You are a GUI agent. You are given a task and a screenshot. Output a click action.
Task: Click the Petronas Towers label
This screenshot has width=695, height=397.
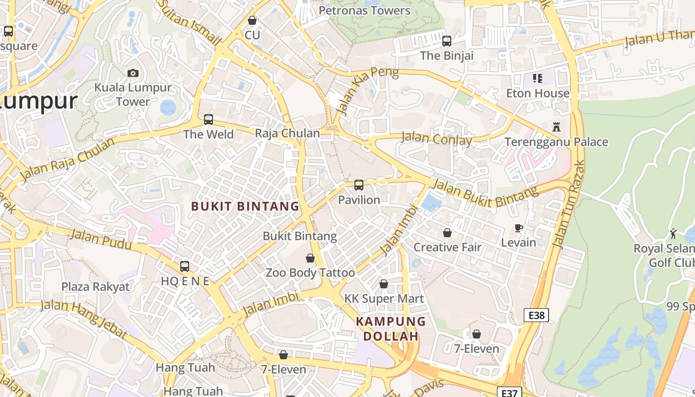[x=364, y=10]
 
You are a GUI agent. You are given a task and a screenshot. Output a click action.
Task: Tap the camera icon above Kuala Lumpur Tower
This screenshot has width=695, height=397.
[x=133, y=73]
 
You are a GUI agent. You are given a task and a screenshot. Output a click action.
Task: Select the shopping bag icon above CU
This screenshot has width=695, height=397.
[x=252, y=21]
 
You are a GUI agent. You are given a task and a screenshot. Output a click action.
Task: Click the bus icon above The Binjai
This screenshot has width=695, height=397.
[x=447, y=41]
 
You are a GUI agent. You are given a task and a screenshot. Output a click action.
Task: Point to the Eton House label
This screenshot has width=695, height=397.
[x=538, y=93]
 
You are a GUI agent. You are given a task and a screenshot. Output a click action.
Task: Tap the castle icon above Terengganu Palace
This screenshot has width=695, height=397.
[x=556, y=128]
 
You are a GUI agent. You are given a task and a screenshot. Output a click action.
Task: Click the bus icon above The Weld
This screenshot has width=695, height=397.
[x=208, y=120]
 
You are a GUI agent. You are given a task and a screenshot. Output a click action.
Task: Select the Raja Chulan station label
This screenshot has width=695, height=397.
[x=287, y=133]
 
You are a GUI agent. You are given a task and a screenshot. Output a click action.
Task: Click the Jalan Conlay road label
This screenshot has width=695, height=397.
[x=436, y=139]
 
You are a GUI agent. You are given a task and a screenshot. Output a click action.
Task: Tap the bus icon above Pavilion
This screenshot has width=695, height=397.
[x=359, y=186]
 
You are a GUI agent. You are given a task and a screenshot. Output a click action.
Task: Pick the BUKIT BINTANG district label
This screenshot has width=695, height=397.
[x=245, y=206]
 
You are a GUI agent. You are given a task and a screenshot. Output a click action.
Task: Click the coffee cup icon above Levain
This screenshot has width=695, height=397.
[x=519, y=228]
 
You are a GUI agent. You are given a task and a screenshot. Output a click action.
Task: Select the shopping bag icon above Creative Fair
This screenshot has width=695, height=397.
[x=447, y=233]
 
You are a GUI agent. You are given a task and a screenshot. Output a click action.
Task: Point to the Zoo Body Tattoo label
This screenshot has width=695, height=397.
[x=310, y=272]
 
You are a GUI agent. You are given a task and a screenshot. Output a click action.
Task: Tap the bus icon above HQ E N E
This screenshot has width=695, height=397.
[x=185, y=266]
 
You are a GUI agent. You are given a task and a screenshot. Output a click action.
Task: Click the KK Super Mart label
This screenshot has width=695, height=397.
[x=384, y=298]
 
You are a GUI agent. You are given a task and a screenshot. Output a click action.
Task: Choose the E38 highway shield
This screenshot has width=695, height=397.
[x=536, y=315]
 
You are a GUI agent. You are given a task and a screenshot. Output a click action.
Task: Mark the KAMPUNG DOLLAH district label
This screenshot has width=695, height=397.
[x=391, y=329]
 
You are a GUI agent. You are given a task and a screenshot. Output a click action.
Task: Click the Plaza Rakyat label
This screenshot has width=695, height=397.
[x=95, y=286]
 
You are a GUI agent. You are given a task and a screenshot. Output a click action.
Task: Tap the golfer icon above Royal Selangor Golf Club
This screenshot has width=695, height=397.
[x=673, y=234]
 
